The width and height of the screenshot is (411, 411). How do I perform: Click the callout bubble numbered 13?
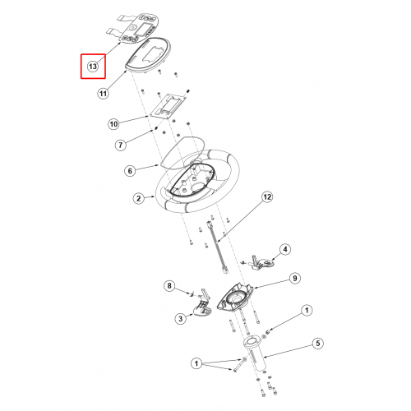(93, 67)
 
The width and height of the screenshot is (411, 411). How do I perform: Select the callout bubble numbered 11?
(103, 94)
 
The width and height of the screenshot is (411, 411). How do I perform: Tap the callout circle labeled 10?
(113, 124)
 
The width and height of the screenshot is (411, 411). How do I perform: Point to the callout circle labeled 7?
(121, 145)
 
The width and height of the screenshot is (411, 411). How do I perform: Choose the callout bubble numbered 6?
(130, 171)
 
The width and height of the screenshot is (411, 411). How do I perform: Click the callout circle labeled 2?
(139, 198)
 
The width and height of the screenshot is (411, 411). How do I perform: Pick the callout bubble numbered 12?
(267, 197)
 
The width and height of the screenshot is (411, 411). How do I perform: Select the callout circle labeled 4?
(285, 249)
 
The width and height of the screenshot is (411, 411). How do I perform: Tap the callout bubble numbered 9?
(295, 279)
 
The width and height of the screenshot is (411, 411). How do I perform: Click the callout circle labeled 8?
(169, 286)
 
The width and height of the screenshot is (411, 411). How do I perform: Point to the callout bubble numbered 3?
(180, 319)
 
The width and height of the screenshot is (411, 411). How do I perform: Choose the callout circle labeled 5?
(318, 344)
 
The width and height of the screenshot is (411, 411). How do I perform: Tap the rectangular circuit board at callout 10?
(169, 106)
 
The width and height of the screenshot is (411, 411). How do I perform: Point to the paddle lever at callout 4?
(262, 263)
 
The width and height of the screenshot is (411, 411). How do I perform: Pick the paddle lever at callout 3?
(203, 307)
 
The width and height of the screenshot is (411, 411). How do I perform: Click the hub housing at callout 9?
(235, 298)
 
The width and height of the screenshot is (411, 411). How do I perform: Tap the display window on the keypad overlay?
(142, 30)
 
